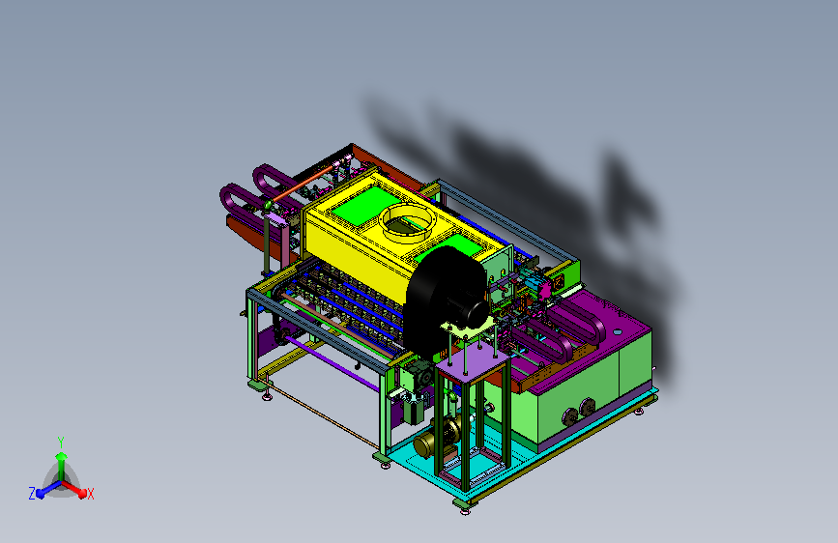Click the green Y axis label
click(x=61, y=443)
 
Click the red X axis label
click(x=90, y=494)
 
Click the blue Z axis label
click(x=32, y=494)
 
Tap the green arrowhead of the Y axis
click(x=61, y=456)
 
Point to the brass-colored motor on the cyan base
click(x=436, y=437)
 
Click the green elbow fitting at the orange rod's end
click(x=267, y=205)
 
